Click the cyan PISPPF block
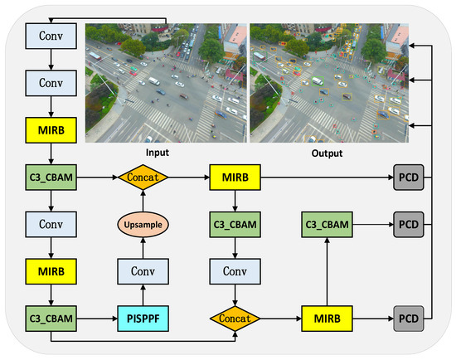tap(143, 317)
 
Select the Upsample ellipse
tap(143, 224)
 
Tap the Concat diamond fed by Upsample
tap(143, 177)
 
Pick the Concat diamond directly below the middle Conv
tap(235, 317)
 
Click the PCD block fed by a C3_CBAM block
tap(406, 224)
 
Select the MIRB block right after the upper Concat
tap(235, 177)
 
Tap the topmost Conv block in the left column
tap(51, 36)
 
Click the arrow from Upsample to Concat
tap(143, 200)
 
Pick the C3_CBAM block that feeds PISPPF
tap(51, 317)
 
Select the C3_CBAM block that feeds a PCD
tap(326, 224)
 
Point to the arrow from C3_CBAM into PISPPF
tap(97, 317)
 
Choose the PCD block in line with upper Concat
tap(406, 177)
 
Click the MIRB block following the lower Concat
tap(326, 317)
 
